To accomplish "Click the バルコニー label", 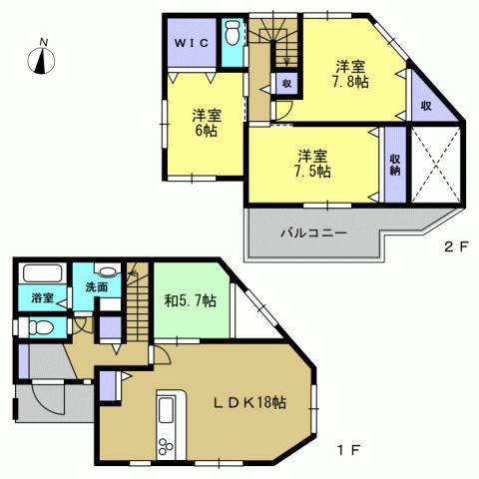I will tap(312, 234).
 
